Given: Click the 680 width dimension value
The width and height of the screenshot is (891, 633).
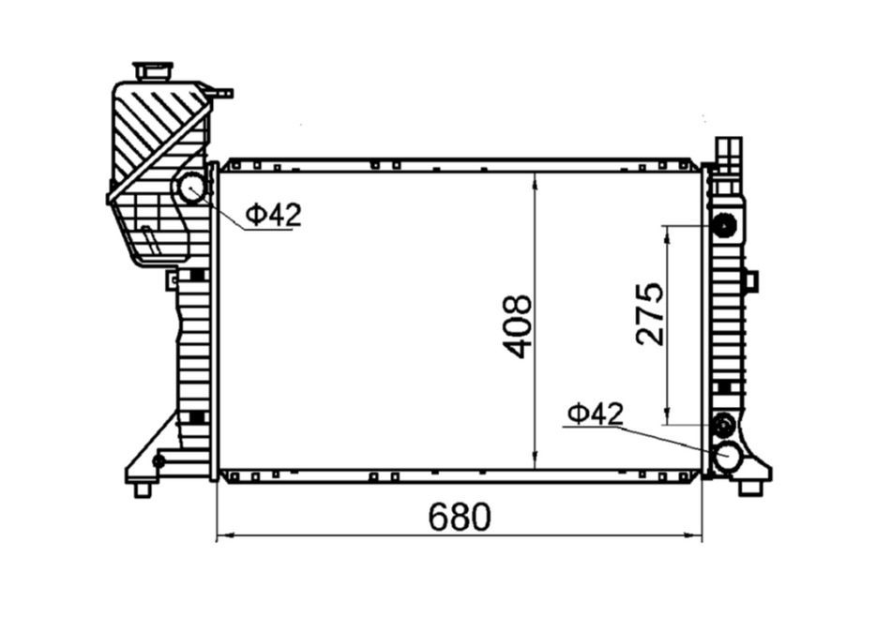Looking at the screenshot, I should tap(460, 517).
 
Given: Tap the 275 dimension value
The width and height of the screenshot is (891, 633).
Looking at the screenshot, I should tap(649, 314).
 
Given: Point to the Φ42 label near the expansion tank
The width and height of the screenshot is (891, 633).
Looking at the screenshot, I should tap(274, 215).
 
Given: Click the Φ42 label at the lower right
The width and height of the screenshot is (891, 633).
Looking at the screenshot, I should tap(596, 413).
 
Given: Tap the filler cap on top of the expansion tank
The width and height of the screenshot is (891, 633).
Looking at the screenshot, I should tap(153, 71).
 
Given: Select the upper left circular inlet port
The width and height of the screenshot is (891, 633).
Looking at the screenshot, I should tap(192, 188).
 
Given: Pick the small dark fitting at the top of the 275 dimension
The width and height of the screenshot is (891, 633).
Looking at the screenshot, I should tap(723, 226).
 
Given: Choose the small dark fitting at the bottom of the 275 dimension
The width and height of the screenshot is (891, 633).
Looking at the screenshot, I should tap(723, 425).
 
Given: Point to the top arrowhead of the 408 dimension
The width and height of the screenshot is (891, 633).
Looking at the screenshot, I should tap(535, 179).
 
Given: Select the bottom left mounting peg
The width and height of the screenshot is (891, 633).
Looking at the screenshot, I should tap(143, 489).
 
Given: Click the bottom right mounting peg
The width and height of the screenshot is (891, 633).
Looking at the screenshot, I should tap(749, 488).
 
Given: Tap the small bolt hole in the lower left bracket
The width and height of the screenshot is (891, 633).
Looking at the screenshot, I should tap(159, 460).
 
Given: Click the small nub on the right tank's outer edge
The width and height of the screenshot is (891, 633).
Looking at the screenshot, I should tap(750, 280).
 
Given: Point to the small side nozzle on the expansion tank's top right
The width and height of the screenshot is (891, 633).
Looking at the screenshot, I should tap(221, 93).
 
